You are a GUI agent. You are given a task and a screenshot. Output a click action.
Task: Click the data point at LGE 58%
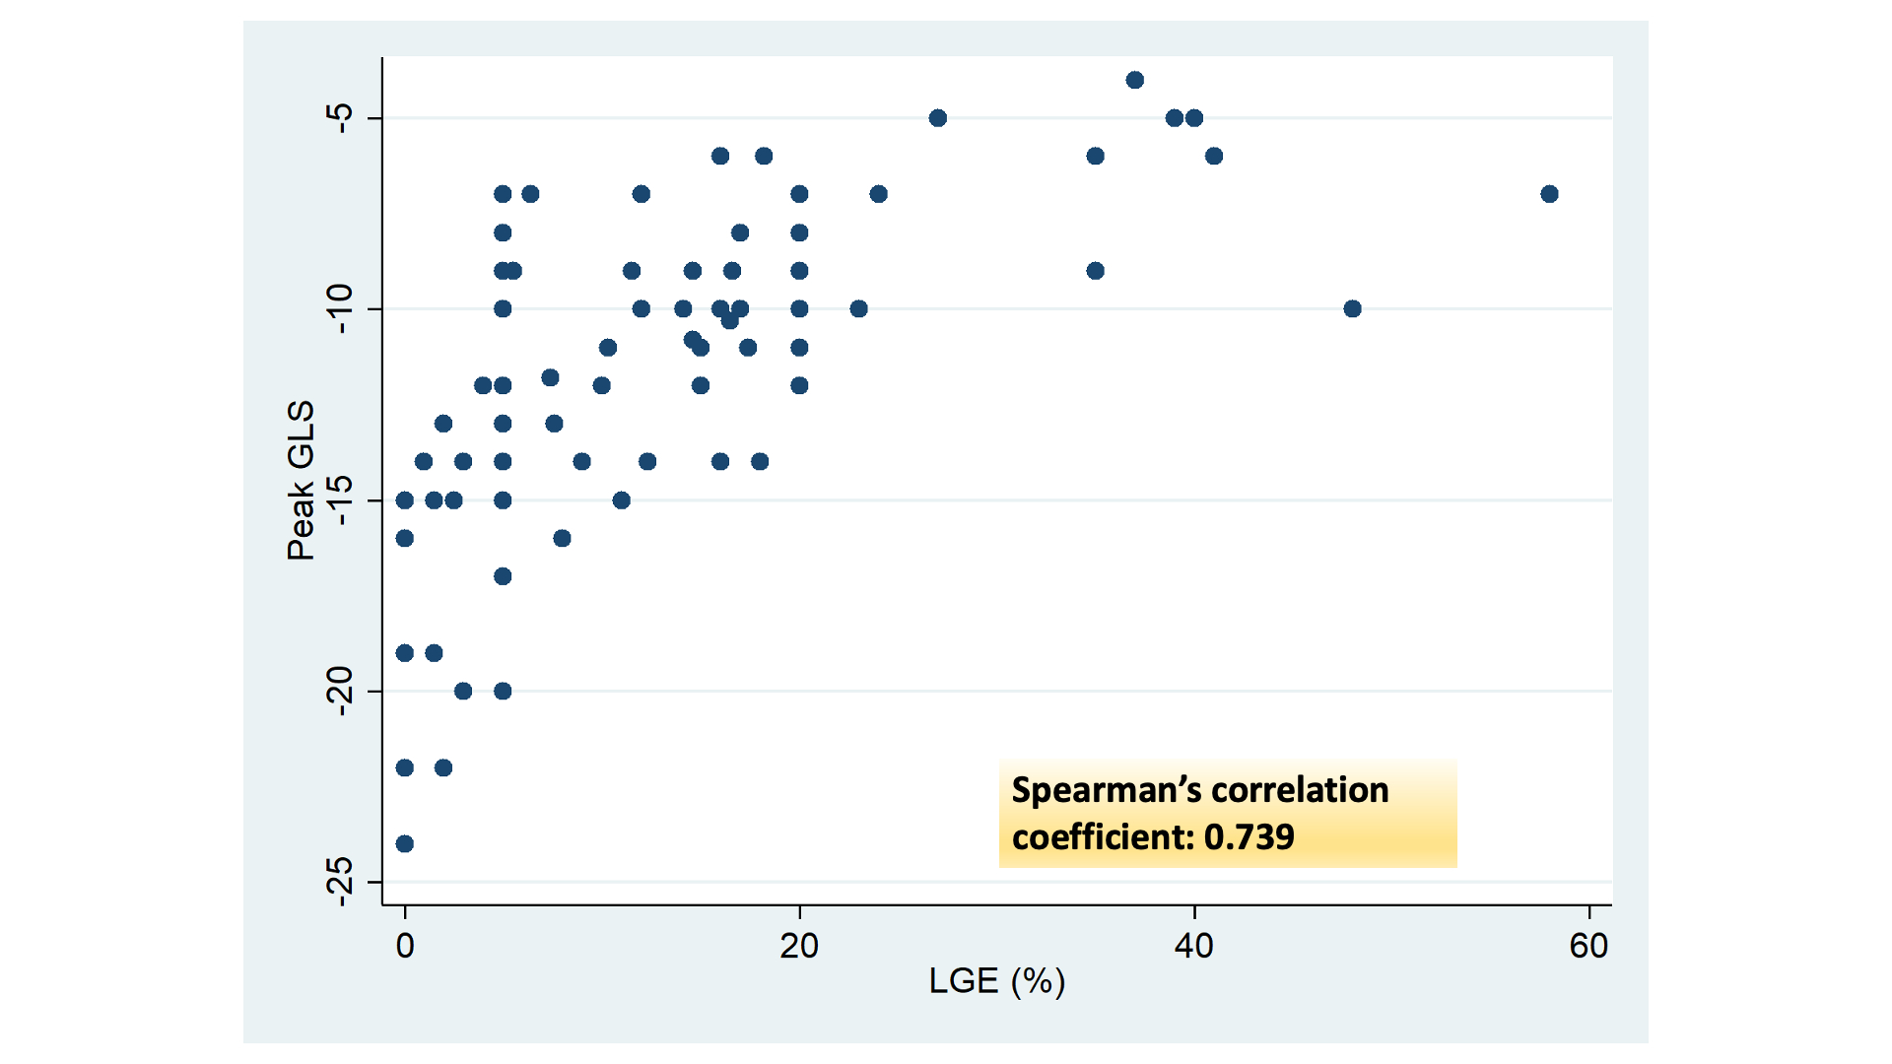tap(1549, 194)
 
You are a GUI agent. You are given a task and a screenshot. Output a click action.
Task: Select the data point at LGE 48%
tap(1352, 309)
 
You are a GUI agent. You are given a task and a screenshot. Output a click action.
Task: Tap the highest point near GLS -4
tap(1135, 80)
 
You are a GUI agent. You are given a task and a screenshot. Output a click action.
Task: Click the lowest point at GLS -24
tap(404, 843)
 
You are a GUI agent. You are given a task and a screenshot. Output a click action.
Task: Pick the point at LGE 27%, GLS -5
tap(938, 118)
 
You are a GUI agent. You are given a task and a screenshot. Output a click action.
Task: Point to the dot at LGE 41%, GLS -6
tap(1214, 156)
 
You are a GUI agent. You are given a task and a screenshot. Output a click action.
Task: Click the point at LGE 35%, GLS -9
tap(1096, 271)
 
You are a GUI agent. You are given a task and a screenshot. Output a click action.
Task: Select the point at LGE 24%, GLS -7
tap(879, 194)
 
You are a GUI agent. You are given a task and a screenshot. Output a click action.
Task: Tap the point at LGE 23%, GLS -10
tap(858, 309)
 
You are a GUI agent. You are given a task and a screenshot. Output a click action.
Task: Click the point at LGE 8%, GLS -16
tap(562, 538)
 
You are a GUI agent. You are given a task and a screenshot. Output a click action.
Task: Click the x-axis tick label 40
tap(1194, 947)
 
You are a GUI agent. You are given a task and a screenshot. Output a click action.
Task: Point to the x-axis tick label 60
tap(1588, 947)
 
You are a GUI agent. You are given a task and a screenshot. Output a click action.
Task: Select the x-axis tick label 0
tap(405, 947)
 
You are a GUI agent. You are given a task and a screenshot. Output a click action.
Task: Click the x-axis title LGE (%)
tap(997, 981)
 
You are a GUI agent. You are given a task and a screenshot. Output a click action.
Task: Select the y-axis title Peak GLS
tap(301, 481)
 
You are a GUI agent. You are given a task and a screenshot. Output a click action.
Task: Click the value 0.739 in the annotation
tap(1249, 837)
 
